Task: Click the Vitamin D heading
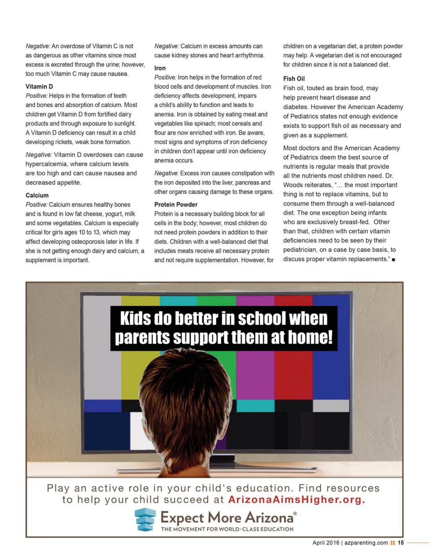coord(39,86)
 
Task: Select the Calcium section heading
coord(37,195)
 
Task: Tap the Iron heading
coord(160,68)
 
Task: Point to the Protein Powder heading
coord(176,204)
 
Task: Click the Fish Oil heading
coord(294,78)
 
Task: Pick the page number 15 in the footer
coord(401,542)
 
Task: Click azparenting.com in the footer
coord(366,542)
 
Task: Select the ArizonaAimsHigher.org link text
coord(297,500)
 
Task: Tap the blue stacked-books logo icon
coord(145,519)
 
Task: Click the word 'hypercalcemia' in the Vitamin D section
coord(46,164)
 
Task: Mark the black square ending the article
coord(393,260)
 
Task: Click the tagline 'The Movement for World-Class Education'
coord(227,529)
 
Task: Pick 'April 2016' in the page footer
coord(326,542)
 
